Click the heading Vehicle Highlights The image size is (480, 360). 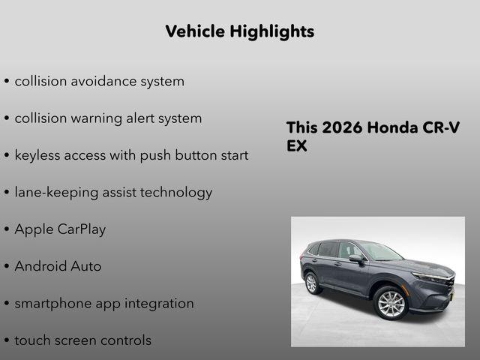coord(239,31)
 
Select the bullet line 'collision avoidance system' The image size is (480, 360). coord(99,81)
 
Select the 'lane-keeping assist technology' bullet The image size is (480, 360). coord(113,192)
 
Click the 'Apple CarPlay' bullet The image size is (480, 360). coord(60,229)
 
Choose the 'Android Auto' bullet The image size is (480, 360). coord(58,266)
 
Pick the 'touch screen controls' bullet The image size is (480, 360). coord(82,340)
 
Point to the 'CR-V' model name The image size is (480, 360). coord(443,127)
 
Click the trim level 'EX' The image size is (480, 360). coord(297,145)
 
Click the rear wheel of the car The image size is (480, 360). coord(312,283)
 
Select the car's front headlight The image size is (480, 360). coord(430,278)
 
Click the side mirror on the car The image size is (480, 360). coord(355,258)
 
